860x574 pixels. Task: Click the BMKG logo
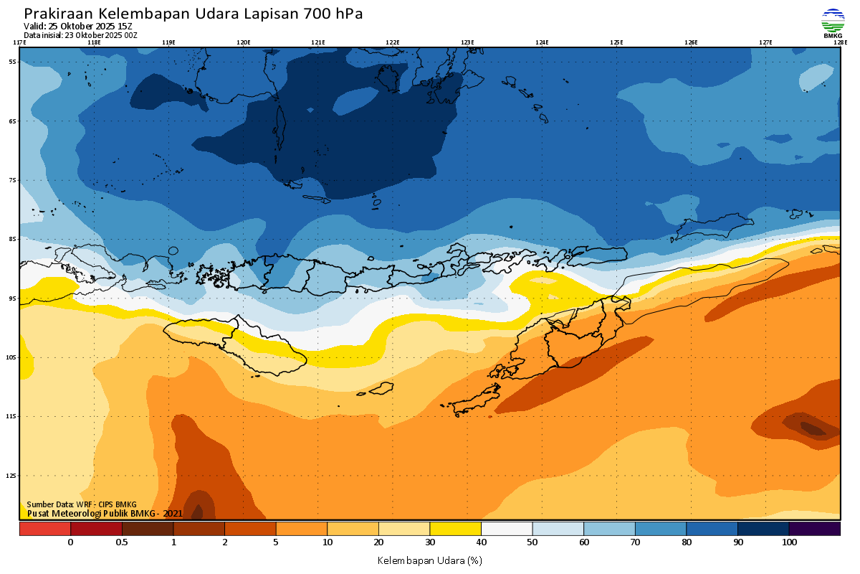coord(832,22)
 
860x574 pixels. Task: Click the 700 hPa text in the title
coord(332,14)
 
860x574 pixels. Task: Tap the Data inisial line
coord(80,35)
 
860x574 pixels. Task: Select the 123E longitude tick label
coord(467,42)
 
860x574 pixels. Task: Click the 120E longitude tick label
coord(244,42)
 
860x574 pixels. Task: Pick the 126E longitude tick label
coord(691,42)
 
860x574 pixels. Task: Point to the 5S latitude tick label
coord(13,62)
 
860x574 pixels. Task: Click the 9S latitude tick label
coord(13,298)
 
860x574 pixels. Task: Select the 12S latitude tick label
coord(13,475)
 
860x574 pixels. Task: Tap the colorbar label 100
coord(789,542)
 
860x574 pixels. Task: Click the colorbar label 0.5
coord(122,542)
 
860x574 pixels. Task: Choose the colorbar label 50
coord(532,542)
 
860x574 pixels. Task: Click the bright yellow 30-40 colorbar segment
coord(455,529)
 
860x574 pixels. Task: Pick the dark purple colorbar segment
coord(814,529)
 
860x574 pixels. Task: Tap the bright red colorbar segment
coord(44,529)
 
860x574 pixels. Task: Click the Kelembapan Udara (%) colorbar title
coord(429,560)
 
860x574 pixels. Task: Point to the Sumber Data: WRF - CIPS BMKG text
coord(81,504)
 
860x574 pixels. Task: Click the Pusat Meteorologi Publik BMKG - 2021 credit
coord(105,513)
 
